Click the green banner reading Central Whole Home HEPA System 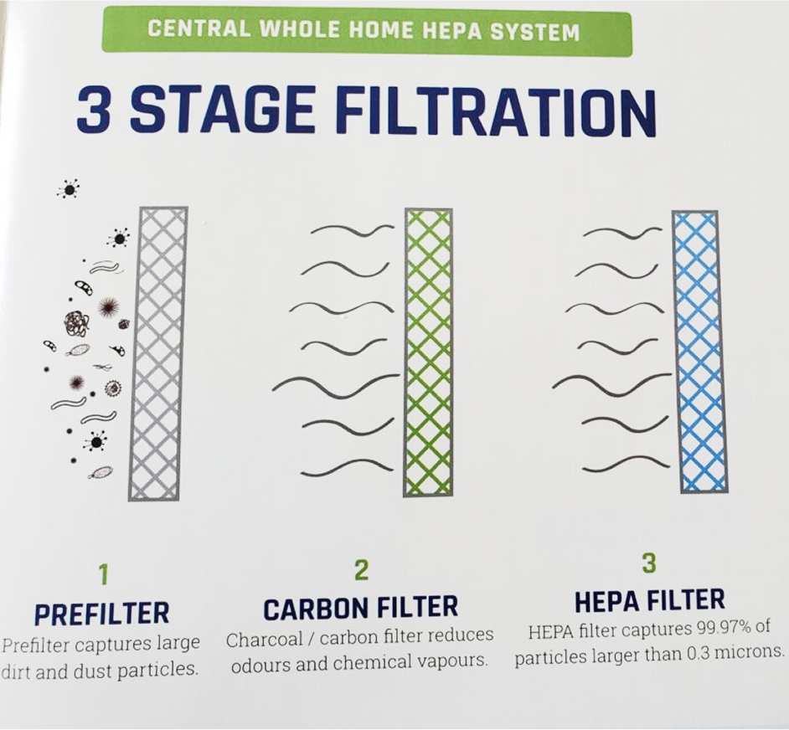click(364, 32)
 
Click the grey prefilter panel click(159, 352)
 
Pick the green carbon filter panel click(428, 352)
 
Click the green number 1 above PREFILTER click(103, 574)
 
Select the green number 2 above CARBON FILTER click(361, 570)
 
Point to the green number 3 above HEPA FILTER click(648, 563)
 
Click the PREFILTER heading click(101, 614)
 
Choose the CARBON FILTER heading click(361, 608)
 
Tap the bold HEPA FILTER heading click(649, 600)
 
